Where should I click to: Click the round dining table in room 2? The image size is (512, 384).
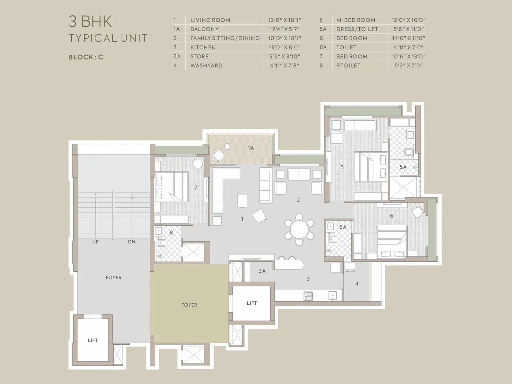tap(300, 229)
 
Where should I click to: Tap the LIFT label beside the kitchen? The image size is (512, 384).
tap(252, 303)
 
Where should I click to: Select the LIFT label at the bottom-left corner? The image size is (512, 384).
tap(93, 340)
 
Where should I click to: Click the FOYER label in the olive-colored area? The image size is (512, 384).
tap(189, 305)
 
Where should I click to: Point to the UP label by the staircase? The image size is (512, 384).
tap(95, 242)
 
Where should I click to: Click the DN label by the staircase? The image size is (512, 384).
tap(132, 242)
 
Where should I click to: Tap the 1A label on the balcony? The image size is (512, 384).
tap(251, 148)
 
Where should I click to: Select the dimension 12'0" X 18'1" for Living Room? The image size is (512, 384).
tap(284, 20)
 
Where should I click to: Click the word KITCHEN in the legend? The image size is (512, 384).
tap(203, 47)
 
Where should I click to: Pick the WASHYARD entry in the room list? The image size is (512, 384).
tap(206, 66)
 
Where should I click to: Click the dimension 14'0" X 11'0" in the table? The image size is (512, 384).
tap(408, 38)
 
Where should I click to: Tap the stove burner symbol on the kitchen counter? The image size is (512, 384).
tap(308, 296)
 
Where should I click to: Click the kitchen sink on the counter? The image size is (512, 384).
tap(333, 296)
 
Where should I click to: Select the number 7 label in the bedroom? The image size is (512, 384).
tap(196, 188)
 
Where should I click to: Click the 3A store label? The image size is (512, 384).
tap(262, 271)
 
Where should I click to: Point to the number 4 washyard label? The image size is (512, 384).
tap(357, 284)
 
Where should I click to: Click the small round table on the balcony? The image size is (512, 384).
tap(227, 147)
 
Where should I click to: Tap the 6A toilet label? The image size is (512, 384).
tap(343, 227)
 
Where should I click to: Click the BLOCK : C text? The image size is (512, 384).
tap(86, 57)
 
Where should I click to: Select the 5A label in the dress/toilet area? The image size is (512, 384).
tap(403, 167)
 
